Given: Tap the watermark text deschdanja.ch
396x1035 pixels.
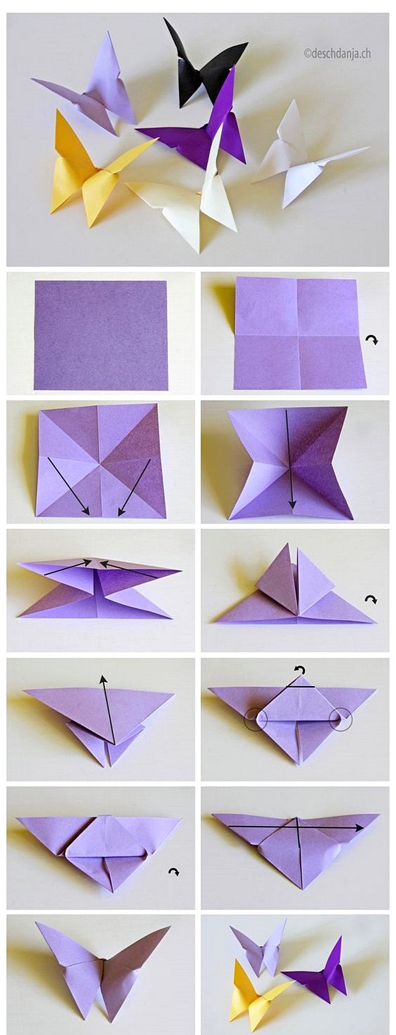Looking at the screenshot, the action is pos(337,54).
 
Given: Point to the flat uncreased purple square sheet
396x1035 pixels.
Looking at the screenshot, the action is pos(101,335).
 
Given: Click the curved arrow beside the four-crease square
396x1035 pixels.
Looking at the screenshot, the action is pos(372,341).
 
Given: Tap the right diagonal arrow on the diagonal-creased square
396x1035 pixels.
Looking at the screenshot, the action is pos(135,487).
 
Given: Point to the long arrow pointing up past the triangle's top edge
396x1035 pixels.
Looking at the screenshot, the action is pos(108,709).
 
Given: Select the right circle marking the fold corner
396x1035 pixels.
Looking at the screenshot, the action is pos(340,719).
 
